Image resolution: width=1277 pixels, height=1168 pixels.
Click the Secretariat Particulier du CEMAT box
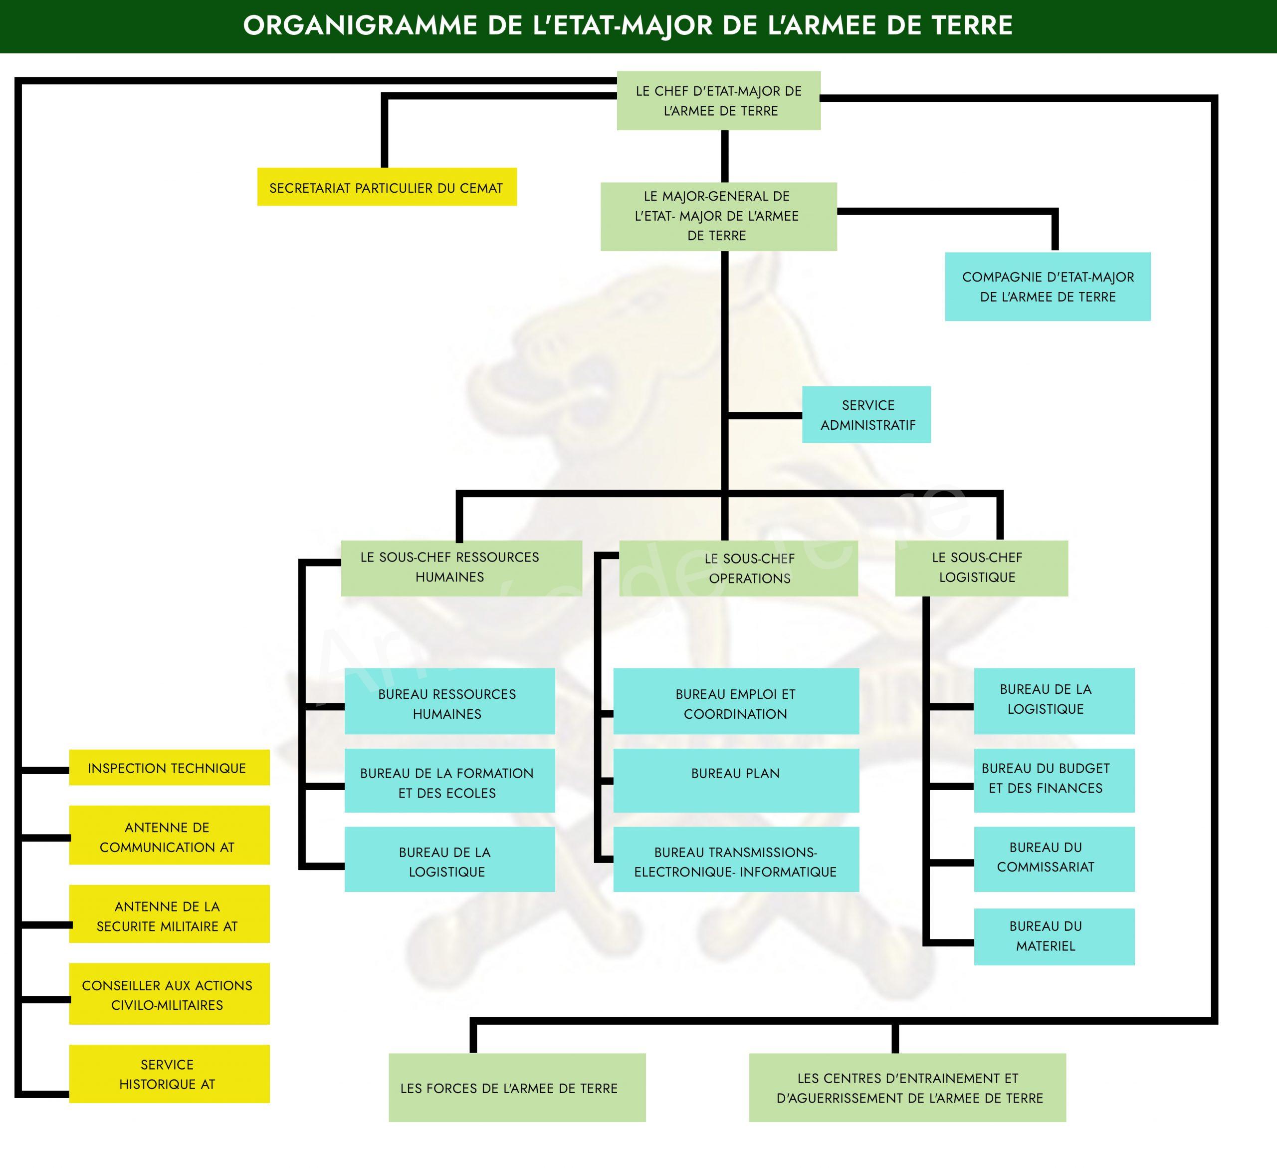(x=387, y=187)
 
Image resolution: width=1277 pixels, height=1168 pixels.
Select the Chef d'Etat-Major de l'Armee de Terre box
(x=719, y=101)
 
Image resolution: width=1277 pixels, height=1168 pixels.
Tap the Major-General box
(x=719, y=217)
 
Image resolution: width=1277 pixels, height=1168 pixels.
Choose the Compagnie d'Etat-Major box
(x=1048, y=287)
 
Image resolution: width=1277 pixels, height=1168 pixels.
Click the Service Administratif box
(x=866, y=414)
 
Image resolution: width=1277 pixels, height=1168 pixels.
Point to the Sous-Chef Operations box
(x=739, y=569)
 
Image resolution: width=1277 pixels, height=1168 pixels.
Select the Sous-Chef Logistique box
(x=982, y=569)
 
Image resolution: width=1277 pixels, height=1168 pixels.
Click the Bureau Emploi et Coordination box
(x=736, y=701)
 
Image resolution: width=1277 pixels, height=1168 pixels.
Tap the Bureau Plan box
(x=736, y=781)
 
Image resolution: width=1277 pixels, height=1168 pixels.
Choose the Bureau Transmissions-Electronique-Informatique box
(x=736, y=860)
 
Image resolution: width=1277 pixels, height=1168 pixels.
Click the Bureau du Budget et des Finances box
(x=1055, y=781)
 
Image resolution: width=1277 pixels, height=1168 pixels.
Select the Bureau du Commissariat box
(x=1055, y=860)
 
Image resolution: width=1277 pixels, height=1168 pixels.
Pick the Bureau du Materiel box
(x=1055, y=937)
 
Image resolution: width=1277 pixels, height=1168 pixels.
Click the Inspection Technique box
(x=169, y=768)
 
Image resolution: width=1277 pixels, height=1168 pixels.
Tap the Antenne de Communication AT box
(x=169, y=835)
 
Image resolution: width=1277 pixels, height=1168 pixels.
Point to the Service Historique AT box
(x=169, y=1074)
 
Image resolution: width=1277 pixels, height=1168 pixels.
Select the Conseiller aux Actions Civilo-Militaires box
(x=169, y=994)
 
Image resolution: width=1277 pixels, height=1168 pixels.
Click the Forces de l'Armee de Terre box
(x=517, y=1088)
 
